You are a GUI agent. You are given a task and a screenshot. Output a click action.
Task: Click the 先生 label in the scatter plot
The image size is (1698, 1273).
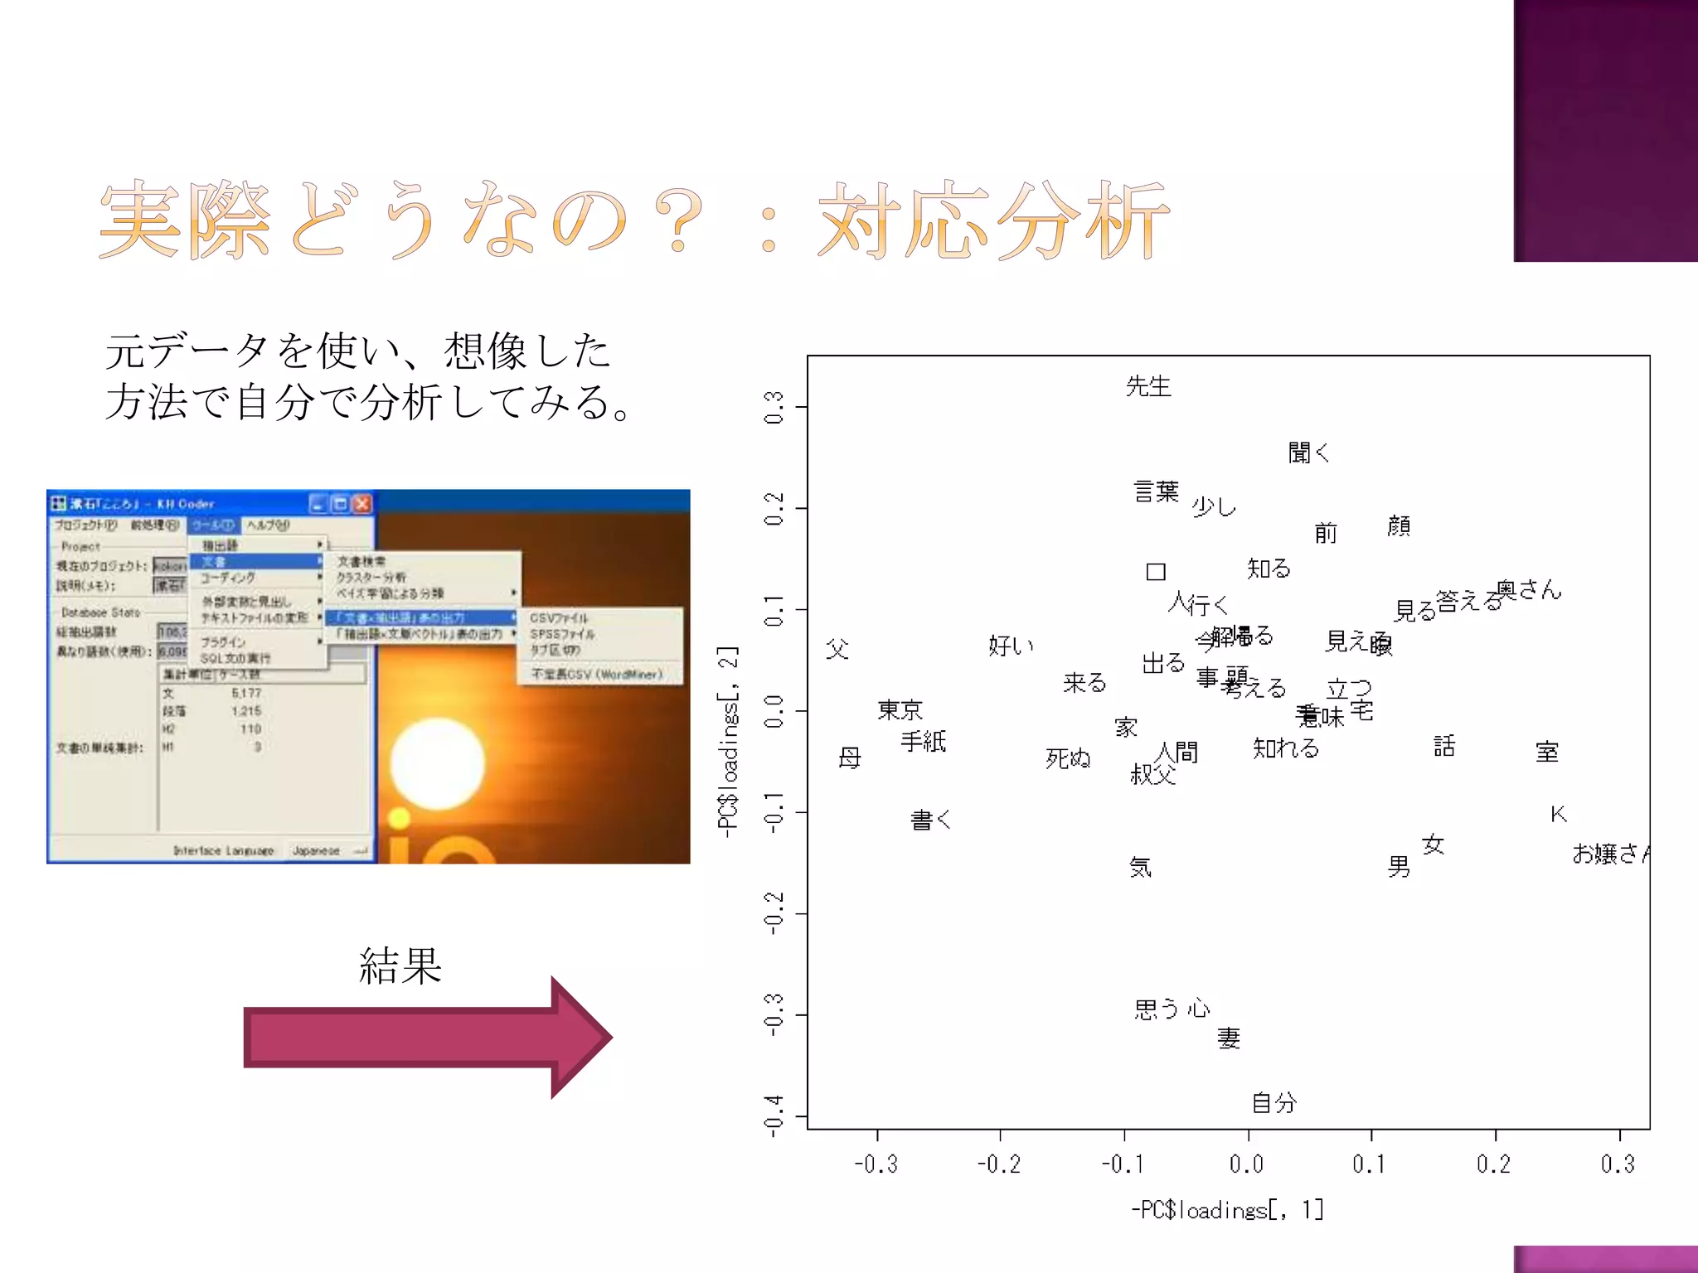click(1148, 386)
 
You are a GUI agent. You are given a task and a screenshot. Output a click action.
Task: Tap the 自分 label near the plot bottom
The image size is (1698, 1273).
click(1273, 1102)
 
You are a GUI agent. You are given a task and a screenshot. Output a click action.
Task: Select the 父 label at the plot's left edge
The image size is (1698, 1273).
click(837, 649)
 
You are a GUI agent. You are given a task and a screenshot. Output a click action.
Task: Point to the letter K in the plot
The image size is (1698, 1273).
click(1558, 814)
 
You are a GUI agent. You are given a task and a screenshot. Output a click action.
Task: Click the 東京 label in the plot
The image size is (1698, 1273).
click(900, 709)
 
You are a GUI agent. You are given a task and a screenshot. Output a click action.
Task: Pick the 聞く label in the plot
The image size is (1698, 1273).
click(1308, 453)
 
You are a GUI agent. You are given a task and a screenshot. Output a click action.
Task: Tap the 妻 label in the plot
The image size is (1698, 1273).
click(1229, 1038)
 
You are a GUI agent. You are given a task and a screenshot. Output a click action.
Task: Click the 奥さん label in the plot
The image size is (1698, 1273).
click(1529, 590)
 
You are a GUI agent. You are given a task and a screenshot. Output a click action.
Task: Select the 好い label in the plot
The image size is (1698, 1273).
click(1011, 645)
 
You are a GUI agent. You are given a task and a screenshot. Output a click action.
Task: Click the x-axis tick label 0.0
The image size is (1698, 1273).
click(1247, 1164)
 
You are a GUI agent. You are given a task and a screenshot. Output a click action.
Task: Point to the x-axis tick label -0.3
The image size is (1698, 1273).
click(876, 1164)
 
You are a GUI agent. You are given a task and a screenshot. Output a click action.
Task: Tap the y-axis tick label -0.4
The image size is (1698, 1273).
click(774, 1116)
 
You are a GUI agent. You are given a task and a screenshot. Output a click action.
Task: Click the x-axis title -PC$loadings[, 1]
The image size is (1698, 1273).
click(1227, 1210)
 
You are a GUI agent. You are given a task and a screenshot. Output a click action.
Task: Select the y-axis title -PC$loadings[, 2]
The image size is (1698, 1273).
click(727, 742)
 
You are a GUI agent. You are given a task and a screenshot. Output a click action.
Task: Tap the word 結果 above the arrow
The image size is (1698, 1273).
click(400, 966)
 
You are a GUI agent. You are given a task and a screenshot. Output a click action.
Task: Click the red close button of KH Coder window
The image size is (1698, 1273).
click(362, 504)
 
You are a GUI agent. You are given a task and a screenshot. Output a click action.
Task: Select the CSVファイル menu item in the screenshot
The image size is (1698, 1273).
click(559, 618)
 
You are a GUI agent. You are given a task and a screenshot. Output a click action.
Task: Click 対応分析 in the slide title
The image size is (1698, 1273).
click(993, 220)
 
